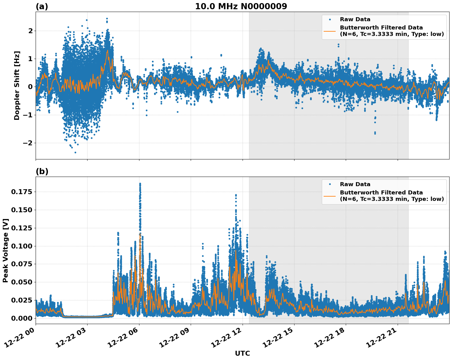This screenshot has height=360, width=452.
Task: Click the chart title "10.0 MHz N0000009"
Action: [x=241, y=6]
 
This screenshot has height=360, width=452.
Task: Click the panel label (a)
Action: [x=42, y=6]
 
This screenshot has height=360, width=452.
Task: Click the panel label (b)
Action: [x=42, y=171]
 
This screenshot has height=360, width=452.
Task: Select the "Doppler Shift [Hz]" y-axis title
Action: [x=17, y=85]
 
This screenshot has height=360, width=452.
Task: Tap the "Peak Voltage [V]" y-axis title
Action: [x=6, y=250]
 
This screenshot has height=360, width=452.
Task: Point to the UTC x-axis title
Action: [x=242, y=353]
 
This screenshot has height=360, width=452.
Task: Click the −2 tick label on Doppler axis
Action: [x=28, y=143]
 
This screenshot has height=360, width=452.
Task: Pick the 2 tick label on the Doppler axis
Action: [x=30, y=31]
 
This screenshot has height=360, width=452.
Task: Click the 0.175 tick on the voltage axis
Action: [x=21, y=192]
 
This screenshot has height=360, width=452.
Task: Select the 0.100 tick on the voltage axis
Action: [x=21, y=246]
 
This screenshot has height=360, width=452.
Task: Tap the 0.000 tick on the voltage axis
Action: [x=21, y=318]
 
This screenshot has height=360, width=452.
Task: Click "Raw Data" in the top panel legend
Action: [x=355, y=19]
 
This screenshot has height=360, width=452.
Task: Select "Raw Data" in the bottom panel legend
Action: [x=355, y=184]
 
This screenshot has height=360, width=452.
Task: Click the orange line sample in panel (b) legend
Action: [x=329, y=196]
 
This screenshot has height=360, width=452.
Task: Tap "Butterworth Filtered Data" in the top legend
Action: [x=381, y=28]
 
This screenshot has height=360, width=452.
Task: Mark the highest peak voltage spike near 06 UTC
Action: [x=140, y=184]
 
